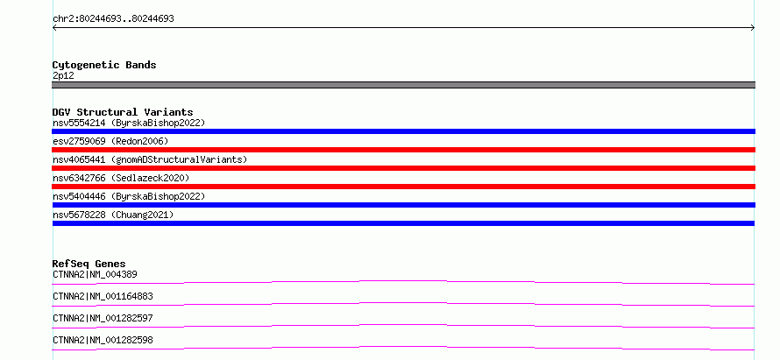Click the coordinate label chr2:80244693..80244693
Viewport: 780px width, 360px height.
(x=113, y=19)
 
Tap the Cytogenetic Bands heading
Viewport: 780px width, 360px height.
(x=104, y=65)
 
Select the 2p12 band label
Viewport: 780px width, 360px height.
(x=63, y=76)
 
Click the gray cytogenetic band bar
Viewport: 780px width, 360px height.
(x=403, y=85)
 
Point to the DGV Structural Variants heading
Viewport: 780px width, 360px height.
(x=123, y=112)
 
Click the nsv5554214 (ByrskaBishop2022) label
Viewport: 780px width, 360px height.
(x=129, y=123)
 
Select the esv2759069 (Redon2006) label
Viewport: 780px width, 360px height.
(x=110, y=141)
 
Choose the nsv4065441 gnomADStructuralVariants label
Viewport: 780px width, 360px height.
(x=150, y=159)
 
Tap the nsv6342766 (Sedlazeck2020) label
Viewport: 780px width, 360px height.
(x=121, y=178)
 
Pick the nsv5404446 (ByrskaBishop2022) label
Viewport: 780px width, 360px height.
(x=129, y=196)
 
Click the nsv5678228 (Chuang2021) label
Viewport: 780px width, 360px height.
(x=113, y=215)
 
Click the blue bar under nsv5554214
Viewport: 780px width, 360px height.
(x=403, y=131)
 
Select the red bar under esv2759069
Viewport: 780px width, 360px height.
(x=403, y=150)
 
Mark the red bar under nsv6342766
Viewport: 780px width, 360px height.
(x=403, y=187)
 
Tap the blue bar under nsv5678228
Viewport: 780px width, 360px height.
(x=403, y=223)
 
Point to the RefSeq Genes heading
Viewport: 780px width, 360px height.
(x=89, y=264)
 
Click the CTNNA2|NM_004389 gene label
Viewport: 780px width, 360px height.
(x=95, y=274)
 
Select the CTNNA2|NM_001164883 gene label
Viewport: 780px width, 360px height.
(x=103, y=296)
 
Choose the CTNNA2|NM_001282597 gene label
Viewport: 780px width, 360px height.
(x=103, y=318)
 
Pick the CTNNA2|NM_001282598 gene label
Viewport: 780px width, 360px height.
(x=103, y=340)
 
